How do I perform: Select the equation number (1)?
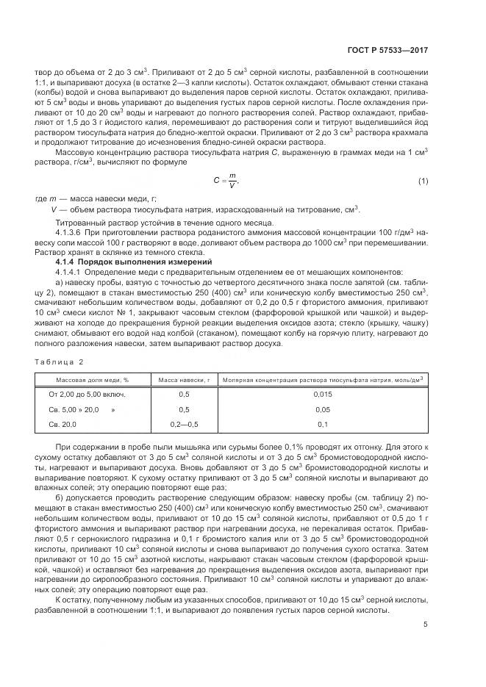click(x=423, y=181)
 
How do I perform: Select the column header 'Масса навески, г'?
click(x=184, y=379)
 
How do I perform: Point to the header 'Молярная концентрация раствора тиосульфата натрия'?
click(x=323, y=379)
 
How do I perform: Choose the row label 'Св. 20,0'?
click(x=62, y=425)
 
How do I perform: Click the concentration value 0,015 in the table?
click(x=323, y=395)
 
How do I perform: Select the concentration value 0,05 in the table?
click(x=323, y=409)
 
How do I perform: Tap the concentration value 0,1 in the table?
click(x=323, y=425)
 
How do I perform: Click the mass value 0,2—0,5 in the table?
click(x=184, y=425)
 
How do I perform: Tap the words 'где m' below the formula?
click(x=45, y=199)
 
